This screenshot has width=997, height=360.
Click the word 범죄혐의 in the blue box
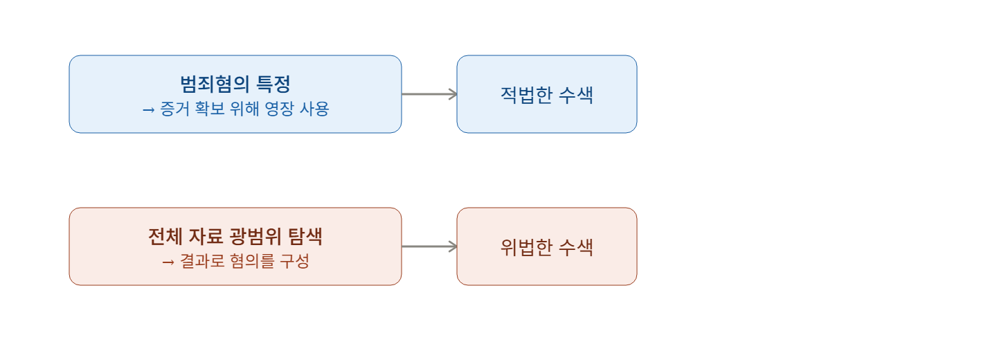point(215,84)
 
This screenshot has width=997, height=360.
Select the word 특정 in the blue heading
point(273,84)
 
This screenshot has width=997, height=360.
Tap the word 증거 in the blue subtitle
point(174,109)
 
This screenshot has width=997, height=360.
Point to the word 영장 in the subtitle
point(279,109)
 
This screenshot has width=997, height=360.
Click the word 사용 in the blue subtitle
point(314,109)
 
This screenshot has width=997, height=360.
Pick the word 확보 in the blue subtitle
point(210,109)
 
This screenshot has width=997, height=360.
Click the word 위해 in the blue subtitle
point(244,109)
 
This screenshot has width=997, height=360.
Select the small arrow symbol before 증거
point(148,109)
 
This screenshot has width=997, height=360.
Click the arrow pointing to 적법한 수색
point(429,94)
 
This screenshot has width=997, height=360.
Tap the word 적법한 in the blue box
point(526,95)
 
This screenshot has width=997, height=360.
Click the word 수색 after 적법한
point(576,95)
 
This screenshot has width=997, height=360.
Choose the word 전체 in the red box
point(165,236)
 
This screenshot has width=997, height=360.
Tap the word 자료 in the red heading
point(206,236)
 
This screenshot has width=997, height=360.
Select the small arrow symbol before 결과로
point(168,262)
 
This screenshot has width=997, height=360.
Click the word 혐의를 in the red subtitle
point(252,261)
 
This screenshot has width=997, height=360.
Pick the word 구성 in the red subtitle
point(294,261)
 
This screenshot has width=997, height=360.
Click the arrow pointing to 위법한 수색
point(429,246)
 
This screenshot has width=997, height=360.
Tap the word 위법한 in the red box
point(526,247)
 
